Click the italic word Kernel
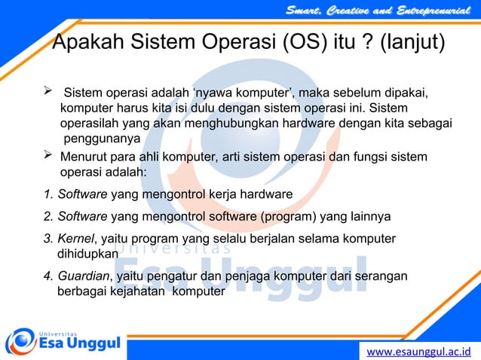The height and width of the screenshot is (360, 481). pos(76,239)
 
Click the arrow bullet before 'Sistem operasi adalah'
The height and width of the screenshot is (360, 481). pos(50,93)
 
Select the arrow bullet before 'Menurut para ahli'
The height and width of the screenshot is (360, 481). pos(50,156)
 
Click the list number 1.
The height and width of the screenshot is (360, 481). pos(48,195)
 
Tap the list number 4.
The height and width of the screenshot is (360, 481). pos(48,276)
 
